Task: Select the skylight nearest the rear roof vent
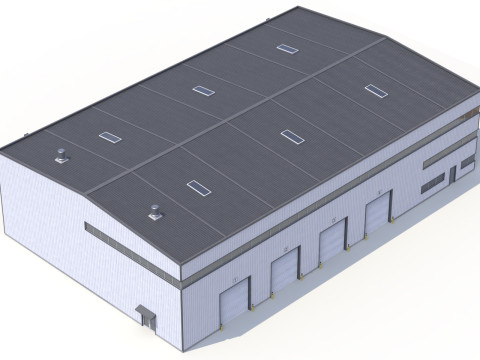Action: [107, 138]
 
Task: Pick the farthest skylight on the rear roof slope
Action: [287, 47]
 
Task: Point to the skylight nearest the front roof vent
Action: [196, 185]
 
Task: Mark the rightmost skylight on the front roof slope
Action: [375, 91]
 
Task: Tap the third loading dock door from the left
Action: [331, 243]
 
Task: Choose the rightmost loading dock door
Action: [376, 217]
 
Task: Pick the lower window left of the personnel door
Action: [433, 183]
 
